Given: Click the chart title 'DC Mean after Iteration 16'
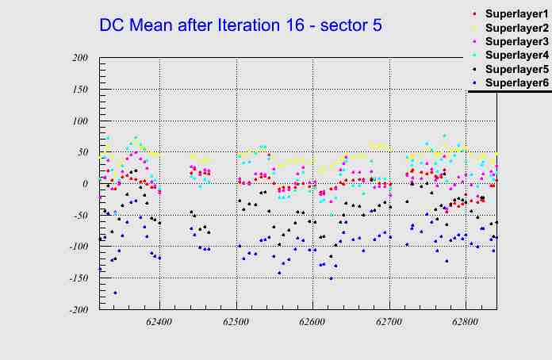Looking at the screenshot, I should (x=240, y=25).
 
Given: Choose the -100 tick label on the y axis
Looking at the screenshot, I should (x=76, y=247).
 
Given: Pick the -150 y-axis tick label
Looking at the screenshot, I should (x=76, y=278).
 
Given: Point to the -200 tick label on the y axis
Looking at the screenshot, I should (x=76, y=310).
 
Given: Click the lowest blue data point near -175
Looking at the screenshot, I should (x=115, y=293).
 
